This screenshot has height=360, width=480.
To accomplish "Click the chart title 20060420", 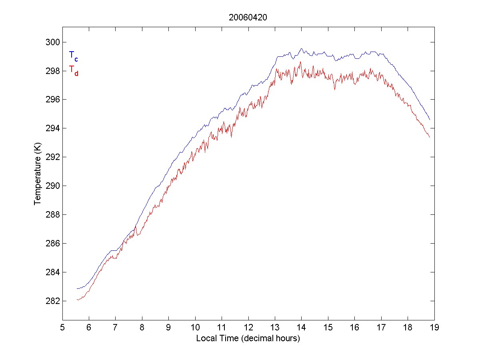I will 248,18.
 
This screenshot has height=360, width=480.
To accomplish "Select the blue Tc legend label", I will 73,56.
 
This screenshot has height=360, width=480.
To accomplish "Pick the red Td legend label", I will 73,70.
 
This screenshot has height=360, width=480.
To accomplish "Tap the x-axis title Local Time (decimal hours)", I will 248,338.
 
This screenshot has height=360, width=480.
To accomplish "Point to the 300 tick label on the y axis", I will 52,42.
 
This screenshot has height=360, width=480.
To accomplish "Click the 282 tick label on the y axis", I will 52,301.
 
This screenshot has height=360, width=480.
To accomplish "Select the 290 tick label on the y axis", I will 52,186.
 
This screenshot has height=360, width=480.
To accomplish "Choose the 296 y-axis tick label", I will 52,100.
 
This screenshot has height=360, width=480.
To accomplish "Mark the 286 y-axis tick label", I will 52,243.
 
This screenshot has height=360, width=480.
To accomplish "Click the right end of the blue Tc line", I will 430,120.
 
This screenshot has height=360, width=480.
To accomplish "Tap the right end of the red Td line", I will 430,137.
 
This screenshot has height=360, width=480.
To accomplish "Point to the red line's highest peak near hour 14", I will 300,62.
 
